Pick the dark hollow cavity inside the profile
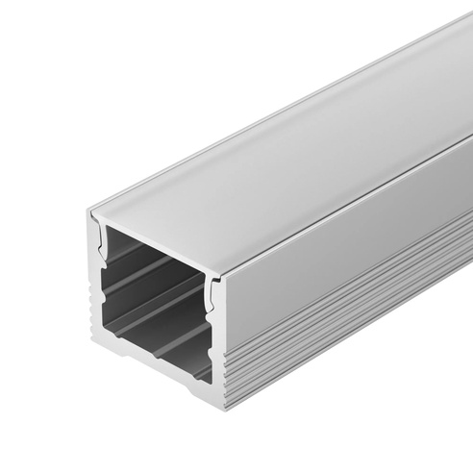pos(154,288)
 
